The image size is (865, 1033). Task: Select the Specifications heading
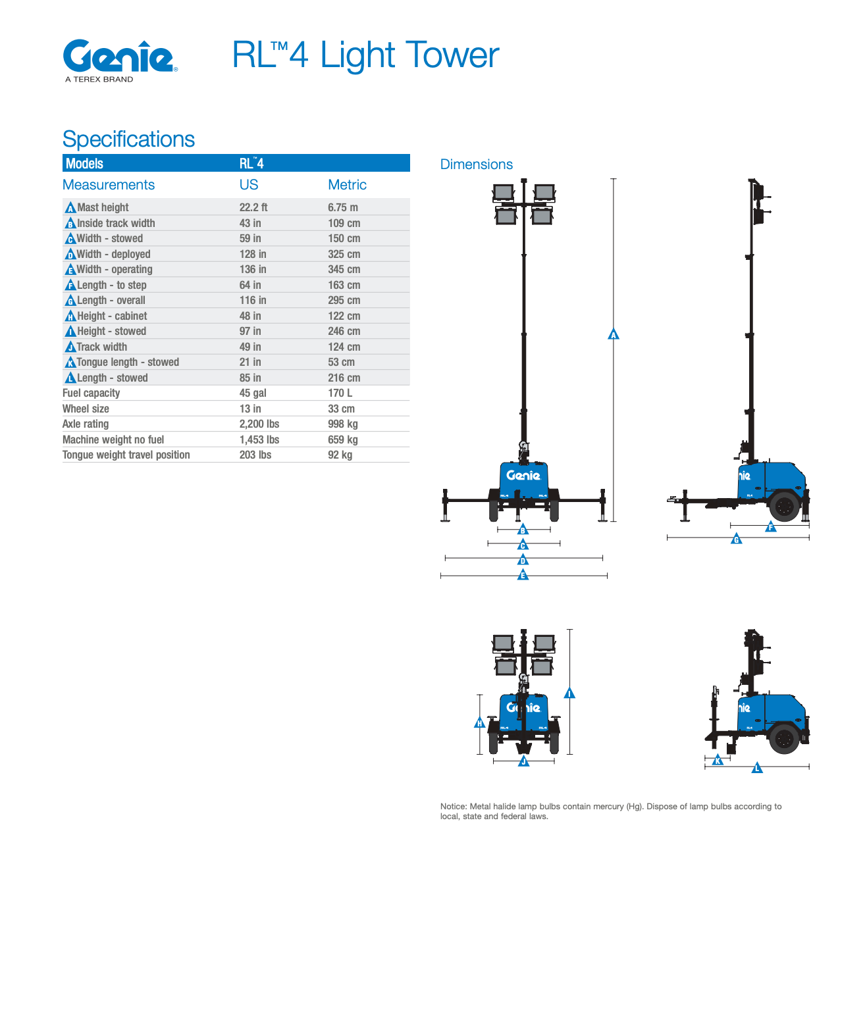tap(128, 139)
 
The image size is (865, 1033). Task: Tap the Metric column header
tap(347, 185)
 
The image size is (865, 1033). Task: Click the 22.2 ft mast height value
tap(253, 207)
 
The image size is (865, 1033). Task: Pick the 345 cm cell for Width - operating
tap(344, 269)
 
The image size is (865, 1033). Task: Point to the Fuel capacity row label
tap(91, 393)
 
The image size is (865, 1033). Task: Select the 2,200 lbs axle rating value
tap(259, 424)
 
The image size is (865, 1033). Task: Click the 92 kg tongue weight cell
tap(340, 455)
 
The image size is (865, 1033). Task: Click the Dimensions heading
tap(476, 164)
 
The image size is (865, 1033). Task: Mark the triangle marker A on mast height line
tap(614, 334)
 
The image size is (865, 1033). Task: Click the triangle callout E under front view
tap(523, 575)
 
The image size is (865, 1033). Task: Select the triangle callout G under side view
tap(737, 540)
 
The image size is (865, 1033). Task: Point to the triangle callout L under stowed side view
tap(757, 768)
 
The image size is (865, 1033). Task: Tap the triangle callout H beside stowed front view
tap(479, 723)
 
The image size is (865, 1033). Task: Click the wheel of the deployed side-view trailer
tap(784, 507)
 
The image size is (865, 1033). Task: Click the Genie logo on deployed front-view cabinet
tap(523, 475)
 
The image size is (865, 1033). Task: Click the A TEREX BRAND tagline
tap(99, 79)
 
